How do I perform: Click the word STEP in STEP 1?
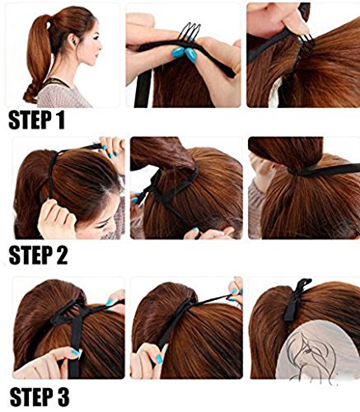coord(33,120)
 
